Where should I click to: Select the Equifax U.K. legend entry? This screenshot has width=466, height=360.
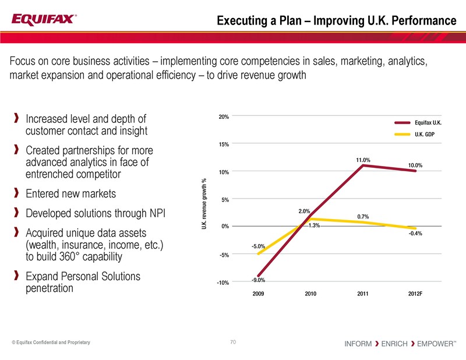tap(428, 123)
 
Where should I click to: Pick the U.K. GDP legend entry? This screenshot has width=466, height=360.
tap(425, 135)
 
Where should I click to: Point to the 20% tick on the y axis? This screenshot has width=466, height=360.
tap(223, 117)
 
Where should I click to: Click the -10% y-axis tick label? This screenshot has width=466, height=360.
tap(222, 283)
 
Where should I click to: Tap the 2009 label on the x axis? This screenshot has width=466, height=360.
tap(259, 293)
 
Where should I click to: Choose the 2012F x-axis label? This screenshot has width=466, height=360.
tap(415, 293)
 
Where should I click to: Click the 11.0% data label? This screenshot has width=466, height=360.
tap(363, 159)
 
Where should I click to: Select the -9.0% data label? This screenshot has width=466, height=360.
tap(259, 281)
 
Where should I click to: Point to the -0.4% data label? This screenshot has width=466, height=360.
tap(415, 234)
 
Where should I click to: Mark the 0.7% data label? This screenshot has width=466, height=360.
tap(362, 217)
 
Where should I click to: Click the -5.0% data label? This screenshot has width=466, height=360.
tap(259, 247)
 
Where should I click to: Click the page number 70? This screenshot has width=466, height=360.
tap(233, 343)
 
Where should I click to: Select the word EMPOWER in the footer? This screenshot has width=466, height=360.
tap(435, 344)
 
